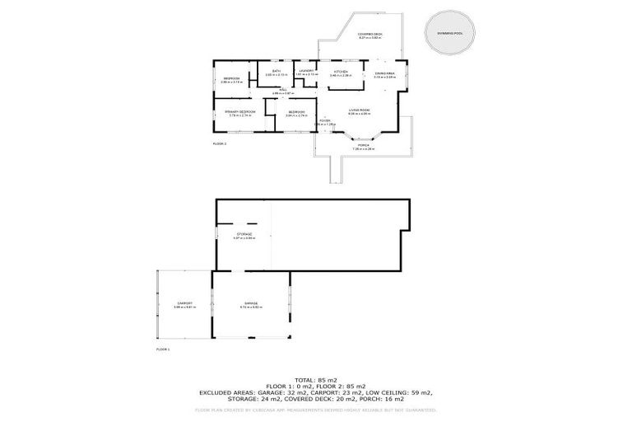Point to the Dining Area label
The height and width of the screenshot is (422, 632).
(x=385, y=74)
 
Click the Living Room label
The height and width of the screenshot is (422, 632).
(x=358, y=110)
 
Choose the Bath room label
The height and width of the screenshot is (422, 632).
(x=276, y=72)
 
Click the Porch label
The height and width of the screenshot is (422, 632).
(x=363, y=144)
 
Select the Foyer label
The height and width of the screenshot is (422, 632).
(x=325, y=121)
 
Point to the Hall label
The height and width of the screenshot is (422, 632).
(x=282, y=91)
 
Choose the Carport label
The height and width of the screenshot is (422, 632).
(x=184, y=303)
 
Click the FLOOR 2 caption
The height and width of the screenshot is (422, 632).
(x=219, y=143)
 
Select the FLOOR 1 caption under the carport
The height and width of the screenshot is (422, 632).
(x=162, y=349)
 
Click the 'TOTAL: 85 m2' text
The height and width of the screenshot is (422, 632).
(x=316, y=380)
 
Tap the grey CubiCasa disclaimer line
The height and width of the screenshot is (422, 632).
(x=316, y=409)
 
